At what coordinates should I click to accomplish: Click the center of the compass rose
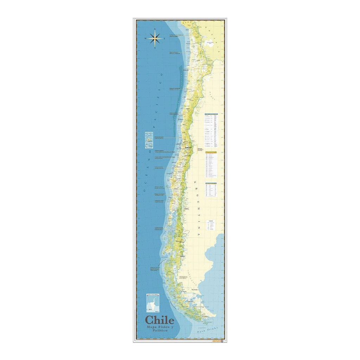click(155, 38)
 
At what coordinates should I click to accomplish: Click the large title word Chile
click(160, 320)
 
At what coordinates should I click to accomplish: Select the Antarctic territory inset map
click(152, 302)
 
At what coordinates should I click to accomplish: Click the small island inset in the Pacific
click(149, 140)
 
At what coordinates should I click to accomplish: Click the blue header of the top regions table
click(211, 114)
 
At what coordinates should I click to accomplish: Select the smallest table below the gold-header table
click(211, 190)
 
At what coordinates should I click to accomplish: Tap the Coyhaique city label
click(182, 256)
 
